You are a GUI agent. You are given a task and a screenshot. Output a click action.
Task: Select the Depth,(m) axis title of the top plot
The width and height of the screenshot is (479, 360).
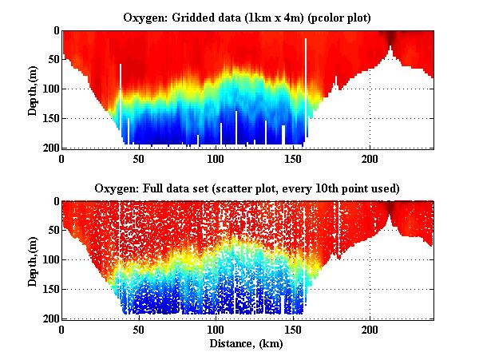[x=33, y=89]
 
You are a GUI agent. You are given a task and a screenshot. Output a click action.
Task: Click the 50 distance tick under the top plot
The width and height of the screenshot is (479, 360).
[x=139, y=159]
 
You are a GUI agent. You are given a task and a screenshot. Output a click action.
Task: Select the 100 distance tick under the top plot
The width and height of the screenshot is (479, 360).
[x=216, y=159]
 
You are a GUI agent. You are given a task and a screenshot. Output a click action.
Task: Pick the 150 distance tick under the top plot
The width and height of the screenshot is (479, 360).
[x=293, y=159]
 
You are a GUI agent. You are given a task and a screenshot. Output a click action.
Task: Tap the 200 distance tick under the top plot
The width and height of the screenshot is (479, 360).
[x=370, y=159]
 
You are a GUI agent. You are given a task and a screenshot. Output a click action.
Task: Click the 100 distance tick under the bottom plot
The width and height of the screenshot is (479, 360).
[x=216, y=330]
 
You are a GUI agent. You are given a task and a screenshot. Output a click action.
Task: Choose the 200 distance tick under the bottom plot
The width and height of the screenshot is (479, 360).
[x=370, y=330]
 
